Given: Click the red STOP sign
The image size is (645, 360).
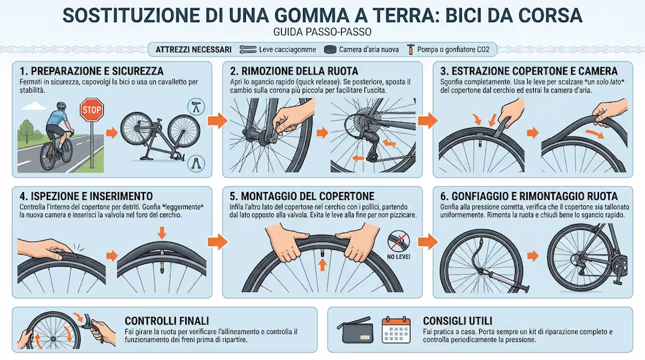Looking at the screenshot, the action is pos(92,110).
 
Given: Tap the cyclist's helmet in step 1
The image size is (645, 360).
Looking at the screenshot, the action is pos(61,105).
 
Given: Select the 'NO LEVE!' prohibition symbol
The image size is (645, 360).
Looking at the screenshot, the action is pos(398,241).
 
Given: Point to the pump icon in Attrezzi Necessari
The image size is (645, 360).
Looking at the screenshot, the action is pos(410,49).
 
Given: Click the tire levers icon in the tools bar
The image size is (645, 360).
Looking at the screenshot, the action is pos(248,50).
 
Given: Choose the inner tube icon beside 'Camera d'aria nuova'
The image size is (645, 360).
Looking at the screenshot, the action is pos(330,50).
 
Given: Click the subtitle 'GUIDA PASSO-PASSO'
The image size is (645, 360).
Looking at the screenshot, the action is pos(322,32).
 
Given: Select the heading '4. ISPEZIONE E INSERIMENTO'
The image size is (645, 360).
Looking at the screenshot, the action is pos(86,196).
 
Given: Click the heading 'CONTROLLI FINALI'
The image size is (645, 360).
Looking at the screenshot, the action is pos(167,321).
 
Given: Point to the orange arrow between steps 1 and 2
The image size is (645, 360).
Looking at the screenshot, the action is pos(217,120).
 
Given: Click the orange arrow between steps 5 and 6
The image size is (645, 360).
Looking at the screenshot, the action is pos(428,241).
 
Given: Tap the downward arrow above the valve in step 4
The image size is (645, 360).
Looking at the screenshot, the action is pos(162,233).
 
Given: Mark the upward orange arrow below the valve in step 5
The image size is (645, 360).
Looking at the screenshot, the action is pos(322,264).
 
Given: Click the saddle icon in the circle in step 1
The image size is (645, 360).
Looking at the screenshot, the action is pos(196,107).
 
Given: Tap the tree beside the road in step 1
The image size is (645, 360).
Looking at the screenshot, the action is pos(27,130).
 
